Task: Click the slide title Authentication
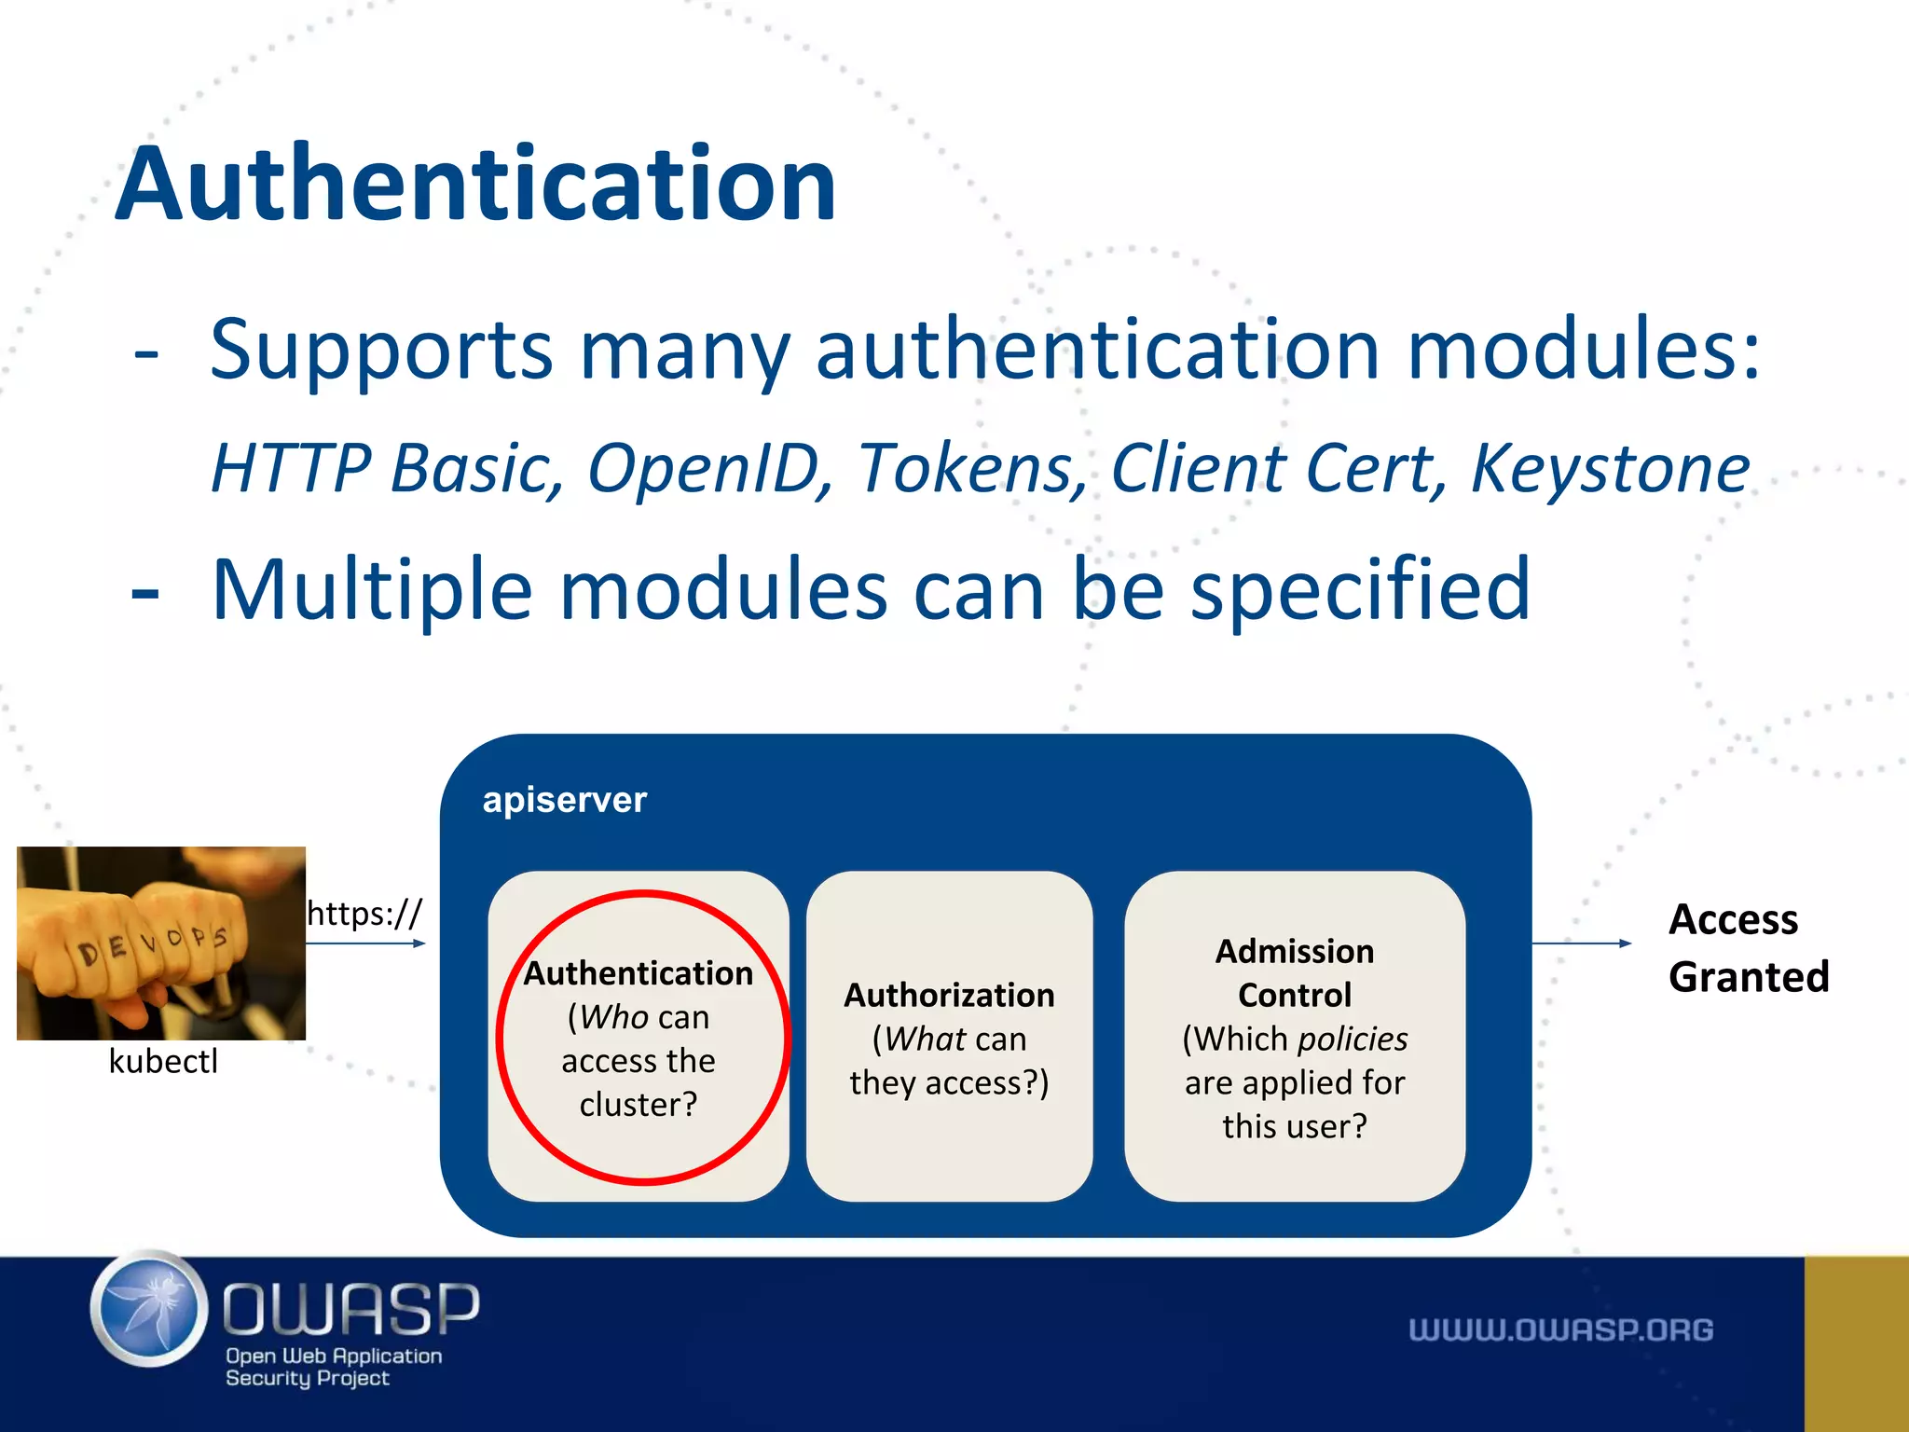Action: [475, 185]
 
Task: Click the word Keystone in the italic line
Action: [1610, 468]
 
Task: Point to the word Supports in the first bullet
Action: [381, 351]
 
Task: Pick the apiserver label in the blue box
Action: [564, 800]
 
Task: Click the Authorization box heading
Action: [949, 995]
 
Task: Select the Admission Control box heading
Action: [1294, 972]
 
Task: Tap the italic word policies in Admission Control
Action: [1352, 1039]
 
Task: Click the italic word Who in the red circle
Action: [613, 1017]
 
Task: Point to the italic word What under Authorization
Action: [925, 1039]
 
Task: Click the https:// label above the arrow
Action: [364, 913]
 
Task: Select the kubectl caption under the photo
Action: [163, 1061]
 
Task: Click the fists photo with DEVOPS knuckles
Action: [161, 943]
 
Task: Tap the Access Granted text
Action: [1748, 947]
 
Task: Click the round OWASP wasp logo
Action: [149, 1309]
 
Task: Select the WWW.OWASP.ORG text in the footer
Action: [1560, 1329]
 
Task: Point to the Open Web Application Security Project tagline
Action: [333, 1367]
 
